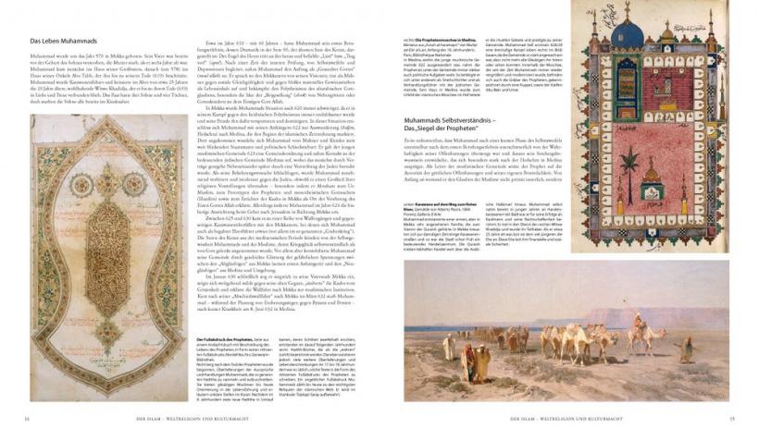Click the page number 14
point(27,419)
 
